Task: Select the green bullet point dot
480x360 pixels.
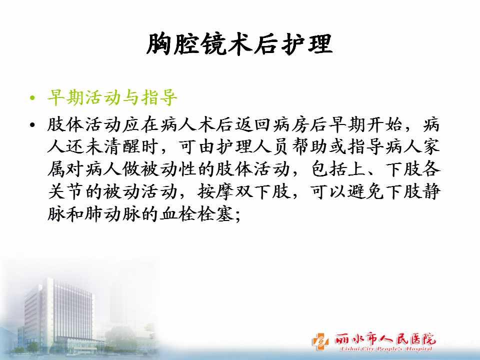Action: point(33,98)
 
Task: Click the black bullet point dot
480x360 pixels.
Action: point(33,125)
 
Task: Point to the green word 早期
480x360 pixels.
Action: point(66,98)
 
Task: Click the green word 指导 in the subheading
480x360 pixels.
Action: point(159,98)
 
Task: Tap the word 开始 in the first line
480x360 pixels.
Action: point(384,125)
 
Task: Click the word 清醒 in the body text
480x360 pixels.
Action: point(122,147)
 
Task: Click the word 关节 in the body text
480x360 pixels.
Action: point(66,191)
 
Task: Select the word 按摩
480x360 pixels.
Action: point(216,191)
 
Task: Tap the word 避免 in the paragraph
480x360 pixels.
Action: point(365,191)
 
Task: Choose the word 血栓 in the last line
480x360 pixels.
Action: point(178,213)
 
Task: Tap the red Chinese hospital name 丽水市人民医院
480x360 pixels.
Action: point(385,338)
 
